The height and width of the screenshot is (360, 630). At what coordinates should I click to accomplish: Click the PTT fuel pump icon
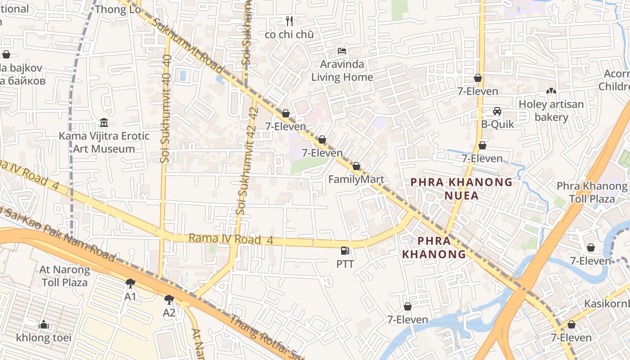tap(345, 251)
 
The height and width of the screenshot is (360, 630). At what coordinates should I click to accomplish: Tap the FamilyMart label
tap(356, 180)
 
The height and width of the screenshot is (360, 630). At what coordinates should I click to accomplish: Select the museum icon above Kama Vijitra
tap(103, 122)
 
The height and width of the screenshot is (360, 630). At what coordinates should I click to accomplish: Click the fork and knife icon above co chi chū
tap(289, 21)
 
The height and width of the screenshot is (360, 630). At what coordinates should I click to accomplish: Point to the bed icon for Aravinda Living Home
tap(342, 50)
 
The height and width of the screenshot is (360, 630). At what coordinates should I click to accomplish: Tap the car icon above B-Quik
tap(497, 111)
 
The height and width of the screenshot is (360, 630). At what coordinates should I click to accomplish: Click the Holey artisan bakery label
tap(551, 111)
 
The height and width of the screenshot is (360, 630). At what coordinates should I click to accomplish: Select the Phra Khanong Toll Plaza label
tap(592, 192)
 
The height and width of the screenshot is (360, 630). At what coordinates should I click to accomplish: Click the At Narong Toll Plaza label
tap(65, 276)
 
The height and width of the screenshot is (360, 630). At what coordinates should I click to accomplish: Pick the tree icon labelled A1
tap(130, 283)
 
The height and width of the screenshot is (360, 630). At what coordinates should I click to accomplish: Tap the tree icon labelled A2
tap(169, 299)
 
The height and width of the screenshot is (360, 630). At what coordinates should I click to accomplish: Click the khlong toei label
tap(44, 337)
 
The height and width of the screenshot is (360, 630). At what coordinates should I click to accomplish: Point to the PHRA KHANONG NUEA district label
tap(461, 189)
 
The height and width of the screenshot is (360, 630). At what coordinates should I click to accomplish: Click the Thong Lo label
tap(118, 9)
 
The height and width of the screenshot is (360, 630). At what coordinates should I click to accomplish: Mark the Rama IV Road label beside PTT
tap(231, 239)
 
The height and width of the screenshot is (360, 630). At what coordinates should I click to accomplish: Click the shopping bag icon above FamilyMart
tap(356, 166)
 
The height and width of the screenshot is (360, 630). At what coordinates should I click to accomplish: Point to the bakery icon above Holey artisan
tap(550, 91)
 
